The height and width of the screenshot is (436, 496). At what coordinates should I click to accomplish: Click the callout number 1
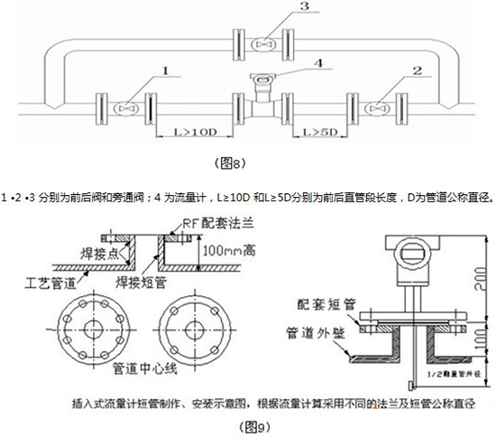click(164, 69)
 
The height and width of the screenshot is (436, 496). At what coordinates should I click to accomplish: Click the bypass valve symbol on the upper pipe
click(264, 42)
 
